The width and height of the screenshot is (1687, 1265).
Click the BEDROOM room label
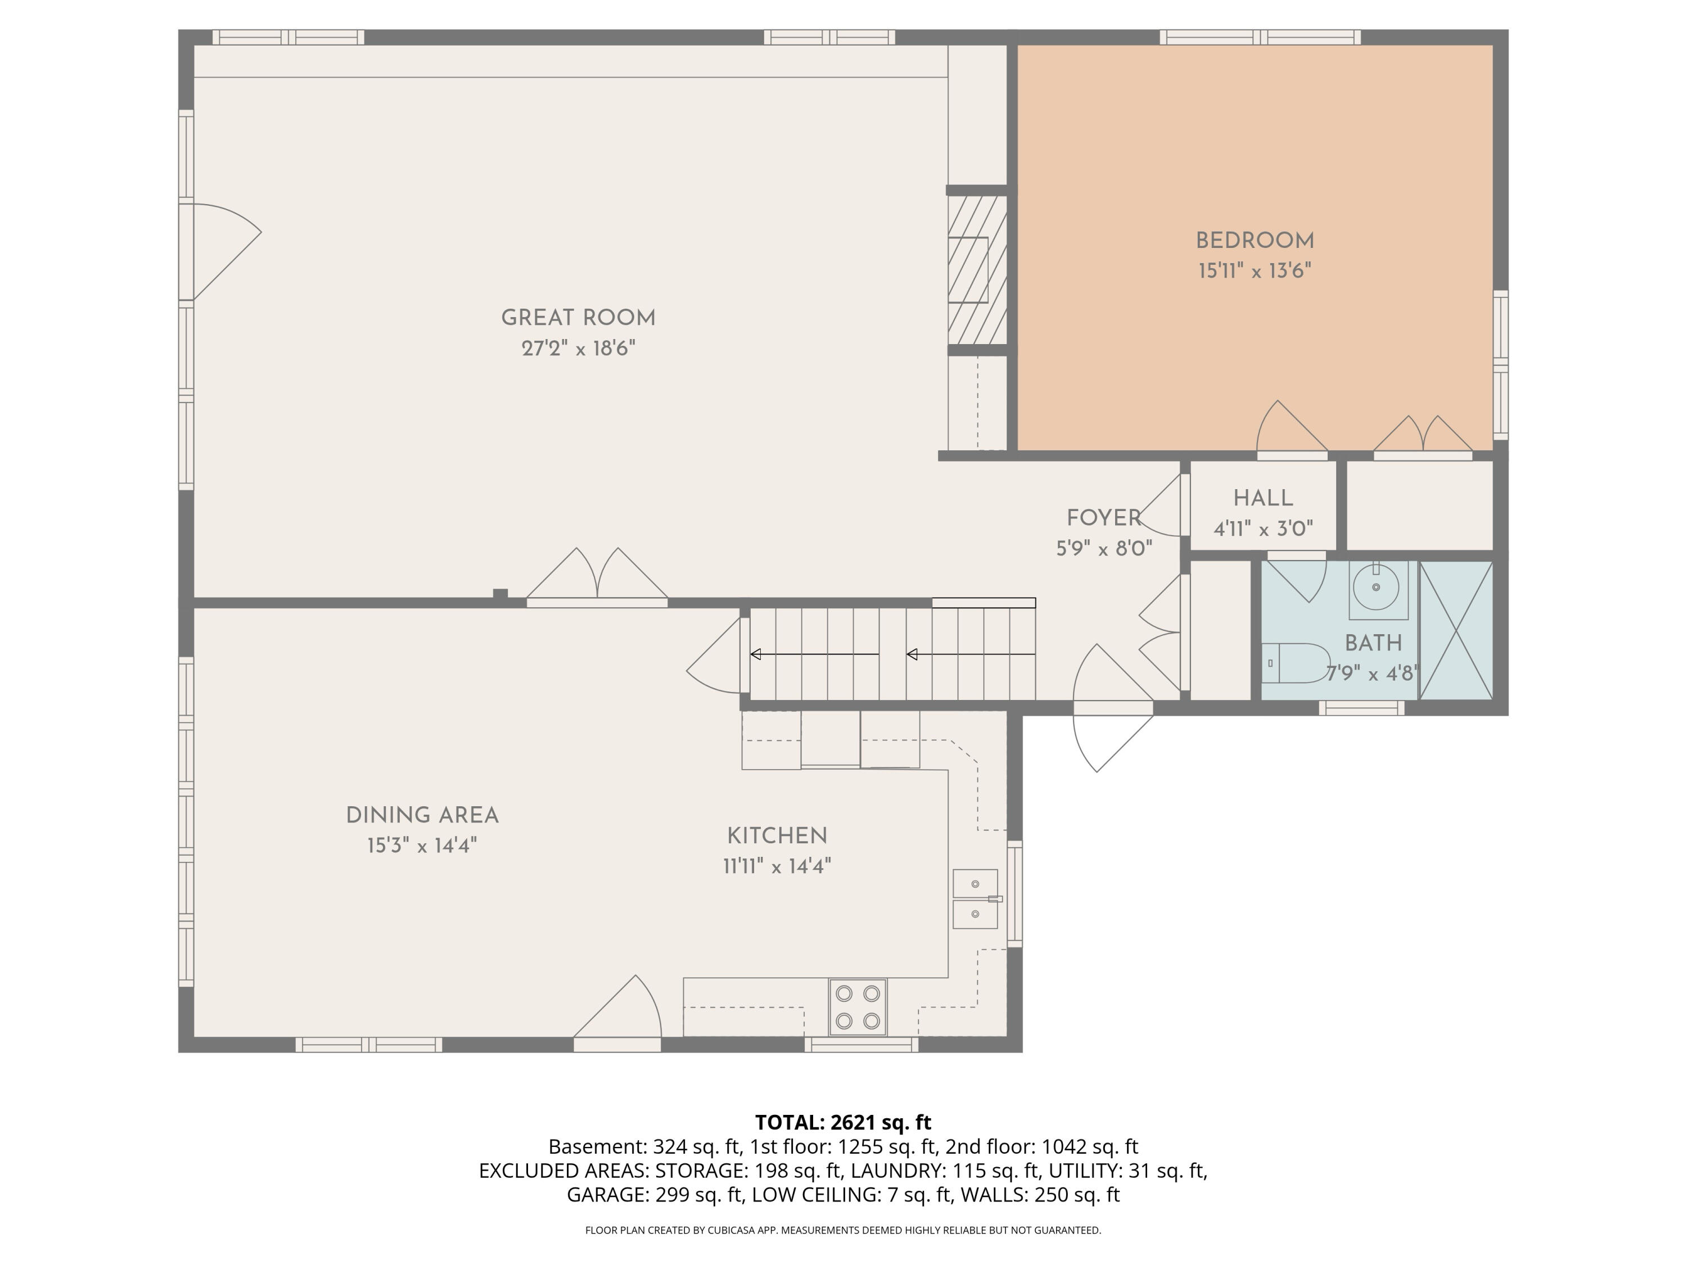1255,241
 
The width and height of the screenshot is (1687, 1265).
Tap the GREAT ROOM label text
578,318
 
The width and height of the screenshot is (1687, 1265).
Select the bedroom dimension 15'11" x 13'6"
1255,270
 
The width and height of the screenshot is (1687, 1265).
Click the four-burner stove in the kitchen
858,1006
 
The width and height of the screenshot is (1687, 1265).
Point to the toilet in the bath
1294,663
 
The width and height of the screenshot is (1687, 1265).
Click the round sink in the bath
1376,587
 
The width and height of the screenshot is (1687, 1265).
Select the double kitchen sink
976,899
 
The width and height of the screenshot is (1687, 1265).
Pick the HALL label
1263,499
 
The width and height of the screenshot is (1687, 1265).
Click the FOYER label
1103,518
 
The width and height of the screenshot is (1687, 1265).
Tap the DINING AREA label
422,816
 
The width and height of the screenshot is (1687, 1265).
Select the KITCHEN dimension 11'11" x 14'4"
777,866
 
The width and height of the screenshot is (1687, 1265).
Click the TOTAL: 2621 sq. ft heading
843,1122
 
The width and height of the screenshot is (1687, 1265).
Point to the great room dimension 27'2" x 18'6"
578,349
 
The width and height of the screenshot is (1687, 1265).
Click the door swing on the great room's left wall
227,252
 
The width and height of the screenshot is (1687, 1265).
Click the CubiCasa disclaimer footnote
843,1230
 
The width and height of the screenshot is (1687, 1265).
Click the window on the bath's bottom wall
1361,708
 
